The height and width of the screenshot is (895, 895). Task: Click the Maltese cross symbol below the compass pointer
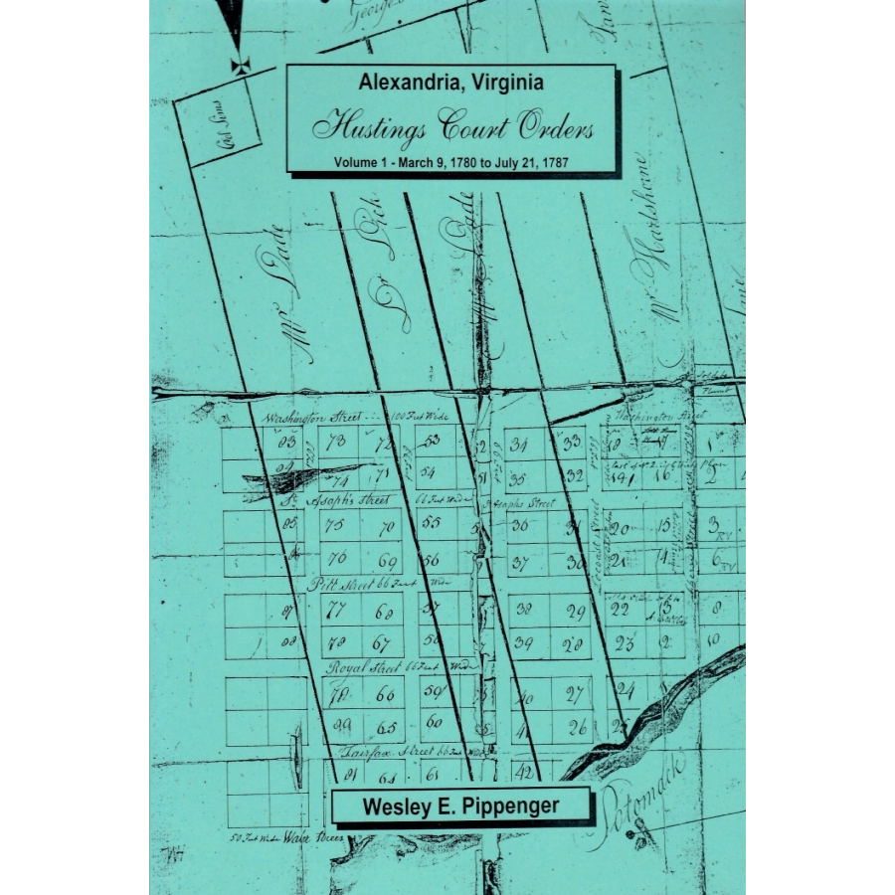pyautogui.click(x=240, y=66)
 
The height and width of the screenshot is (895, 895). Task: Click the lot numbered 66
pyautogui.click(x=385, y=693)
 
